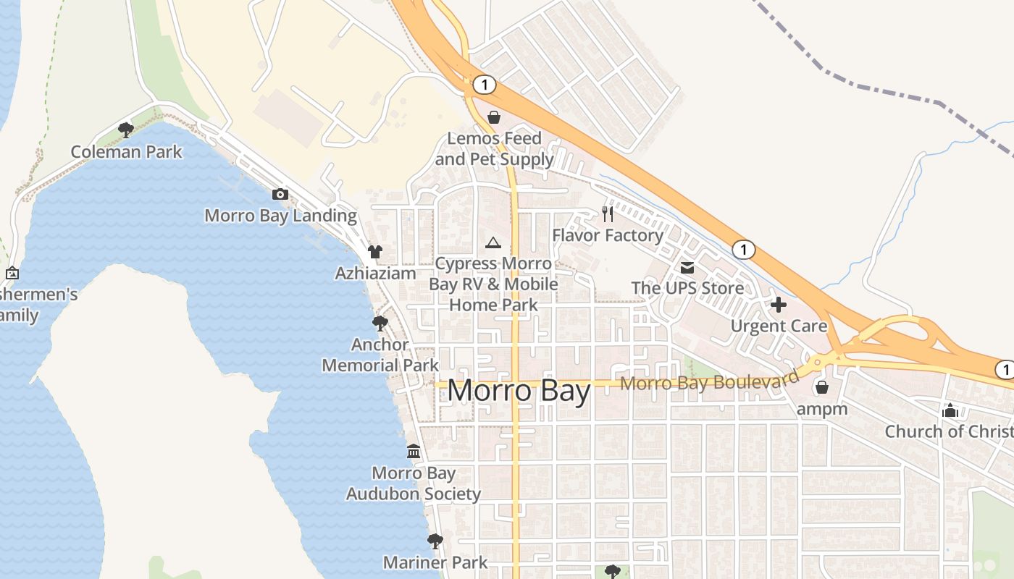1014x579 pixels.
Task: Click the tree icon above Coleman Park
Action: point(125,130)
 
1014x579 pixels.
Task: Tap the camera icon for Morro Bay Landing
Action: point(280,194)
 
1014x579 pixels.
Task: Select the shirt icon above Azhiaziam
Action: point(374,252)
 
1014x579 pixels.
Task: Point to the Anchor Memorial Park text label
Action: point(380,355)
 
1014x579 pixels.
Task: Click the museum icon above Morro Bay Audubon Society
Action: point(413,452)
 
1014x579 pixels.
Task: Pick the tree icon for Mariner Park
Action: point(435,541)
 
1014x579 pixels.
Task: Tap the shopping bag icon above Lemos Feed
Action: point(494,117)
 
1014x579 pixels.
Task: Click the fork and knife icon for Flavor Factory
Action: point(608,214)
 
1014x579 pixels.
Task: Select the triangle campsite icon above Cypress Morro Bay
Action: point(493,242)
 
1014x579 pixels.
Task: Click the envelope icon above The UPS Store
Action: point(687,268)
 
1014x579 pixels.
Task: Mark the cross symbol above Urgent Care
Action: point(779,305)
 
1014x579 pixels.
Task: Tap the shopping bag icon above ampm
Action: point(821,387)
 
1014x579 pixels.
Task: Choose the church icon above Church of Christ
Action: point(950,410)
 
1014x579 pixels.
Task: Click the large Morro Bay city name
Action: point(519,391)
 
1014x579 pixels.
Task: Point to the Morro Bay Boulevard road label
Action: point(709,381)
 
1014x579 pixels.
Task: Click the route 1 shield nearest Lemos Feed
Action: point(484,85)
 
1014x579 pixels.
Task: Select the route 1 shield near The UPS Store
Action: point(743,250)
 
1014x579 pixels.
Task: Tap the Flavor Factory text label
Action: point(608,235)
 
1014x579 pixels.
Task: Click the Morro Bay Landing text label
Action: point(280,216)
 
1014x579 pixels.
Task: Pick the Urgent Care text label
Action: point(779,326)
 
